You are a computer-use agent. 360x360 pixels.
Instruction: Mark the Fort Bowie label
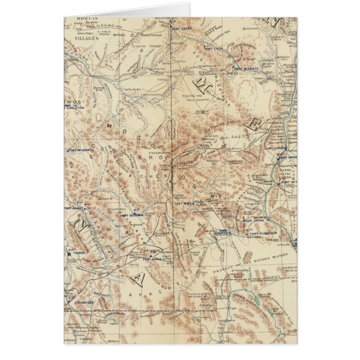[153, 259]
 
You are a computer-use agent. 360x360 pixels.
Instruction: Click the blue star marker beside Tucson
[69, 254]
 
